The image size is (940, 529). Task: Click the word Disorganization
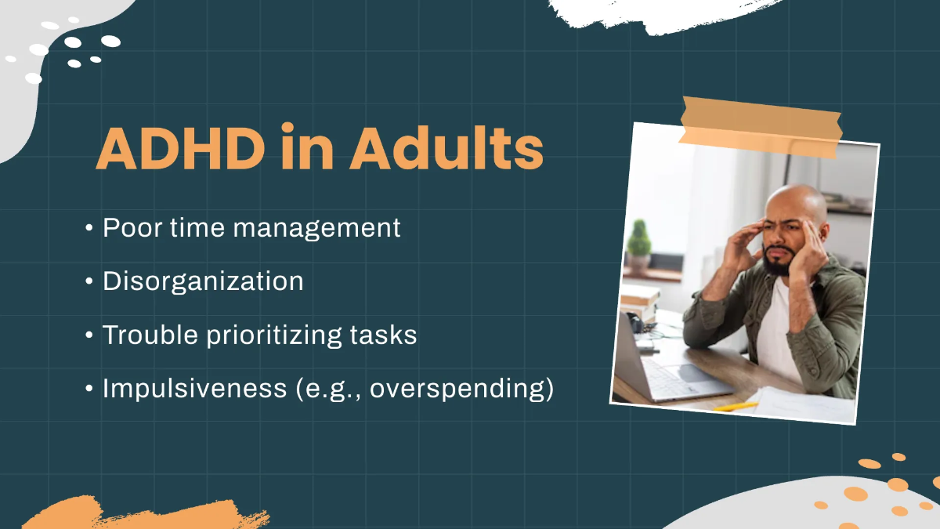pos(203,281)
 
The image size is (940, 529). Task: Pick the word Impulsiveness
pos(195,389)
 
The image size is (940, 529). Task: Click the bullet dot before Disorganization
pos(89,282)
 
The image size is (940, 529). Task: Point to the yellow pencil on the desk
pos(736,407)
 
